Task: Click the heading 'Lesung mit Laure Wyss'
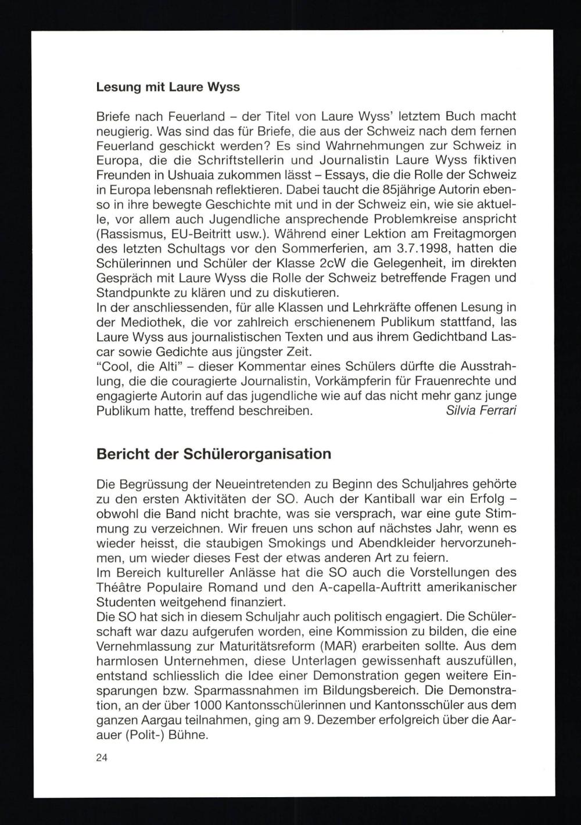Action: point(168,87)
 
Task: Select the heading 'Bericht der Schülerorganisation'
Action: point(213,454)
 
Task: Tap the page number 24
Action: point(102,758)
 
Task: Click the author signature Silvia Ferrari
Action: point(481,411)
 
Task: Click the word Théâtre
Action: point(119,587)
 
